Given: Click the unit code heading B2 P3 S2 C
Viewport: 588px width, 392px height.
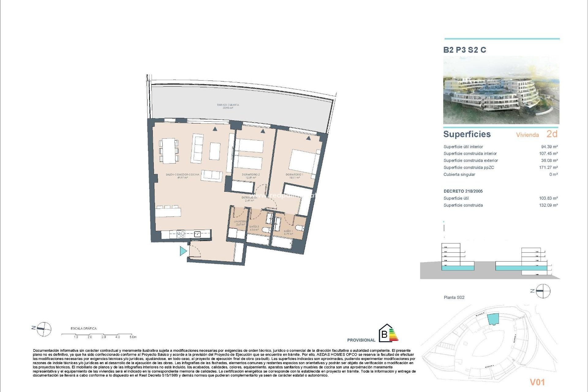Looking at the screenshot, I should point(465,50).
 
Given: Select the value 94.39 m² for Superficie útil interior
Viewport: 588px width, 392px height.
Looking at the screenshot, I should point(549,147).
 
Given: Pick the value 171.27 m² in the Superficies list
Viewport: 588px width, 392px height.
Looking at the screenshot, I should point(548,168).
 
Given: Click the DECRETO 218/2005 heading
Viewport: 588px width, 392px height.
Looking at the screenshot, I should point(463,191).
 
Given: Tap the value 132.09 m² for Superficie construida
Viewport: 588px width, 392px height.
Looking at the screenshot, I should point(548,205).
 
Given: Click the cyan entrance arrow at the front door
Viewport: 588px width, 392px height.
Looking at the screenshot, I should point(183,251).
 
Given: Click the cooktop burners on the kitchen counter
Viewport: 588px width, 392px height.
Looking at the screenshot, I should point(181,235).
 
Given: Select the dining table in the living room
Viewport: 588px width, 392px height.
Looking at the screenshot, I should point(169,151).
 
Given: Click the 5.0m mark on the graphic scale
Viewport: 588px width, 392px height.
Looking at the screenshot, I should point(133,337).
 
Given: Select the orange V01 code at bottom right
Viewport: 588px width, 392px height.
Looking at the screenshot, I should point(537,382).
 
